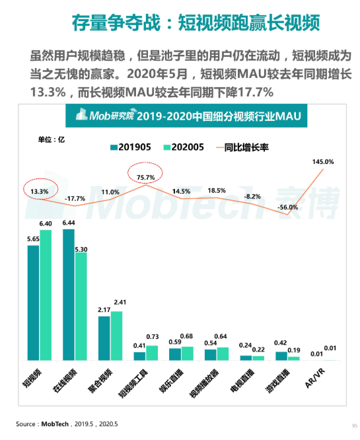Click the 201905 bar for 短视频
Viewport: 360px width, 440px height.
(x=33, y=303)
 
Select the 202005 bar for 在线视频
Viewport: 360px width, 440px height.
(x=81, y=307)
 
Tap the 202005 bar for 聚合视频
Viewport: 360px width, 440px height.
(x=116, y=336)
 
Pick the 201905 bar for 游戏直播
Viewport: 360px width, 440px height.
(x=281, y=356)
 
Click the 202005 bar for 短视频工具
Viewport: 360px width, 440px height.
(x=152, y=353)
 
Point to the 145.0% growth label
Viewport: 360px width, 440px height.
(x=323, y=162)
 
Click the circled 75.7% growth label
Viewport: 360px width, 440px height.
(x=145, y=177)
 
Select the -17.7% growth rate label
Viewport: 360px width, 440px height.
(x=75, y=199)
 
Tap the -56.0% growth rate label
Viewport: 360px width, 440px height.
(x=287, y=207)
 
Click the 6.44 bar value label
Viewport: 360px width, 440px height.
(x=69, y=223)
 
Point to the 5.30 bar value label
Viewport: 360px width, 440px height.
(x=81, y=250)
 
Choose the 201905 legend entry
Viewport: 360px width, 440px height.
(x=131, y=147)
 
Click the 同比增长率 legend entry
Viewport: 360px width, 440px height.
(x=242, y=147)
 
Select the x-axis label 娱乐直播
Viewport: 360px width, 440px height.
(x=171, y=381)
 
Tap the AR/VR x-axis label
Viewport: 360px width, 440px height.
(x=315, y=379)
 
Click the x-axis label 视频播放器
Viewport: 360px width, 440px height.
(x=204, y=383)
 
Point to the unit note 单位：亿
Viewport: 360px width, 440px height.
(x=52, y=139)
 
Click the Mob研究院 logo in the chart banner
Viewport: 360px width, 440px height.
(x=105, y=114)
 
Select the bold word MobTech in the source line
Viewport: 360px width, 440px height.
(x=55, y=423)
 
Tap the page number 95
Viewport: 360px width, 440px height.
(x=355, y=425)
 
